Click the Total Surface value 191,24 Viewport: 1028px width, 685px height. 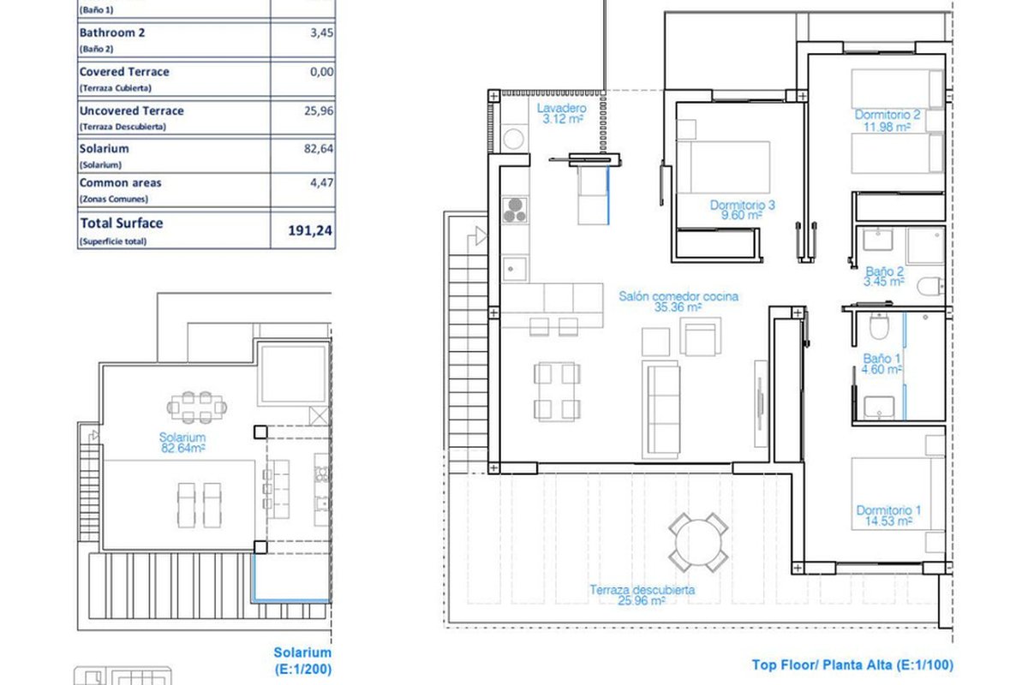point(310,230)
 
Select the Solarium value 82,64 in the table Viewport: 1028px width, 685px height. point(319,149)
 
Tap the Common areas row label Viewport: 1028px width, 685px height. point(120,182)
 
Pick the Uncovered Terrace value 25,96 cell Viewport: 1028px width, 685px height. point(319,110)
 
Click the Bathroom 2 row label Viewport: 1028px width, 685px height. point(112,33)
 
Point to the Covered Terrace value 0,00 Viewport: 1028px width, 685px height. point(322,72)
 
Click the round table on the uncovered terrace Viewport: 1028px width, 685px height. point(698,542)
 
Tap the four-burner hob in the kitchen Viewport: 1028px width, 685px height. point(515,210)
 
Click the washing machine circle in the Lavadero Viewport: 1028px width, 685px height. point(513,139)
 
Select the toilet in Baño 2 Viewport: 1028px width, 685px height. point(929,286)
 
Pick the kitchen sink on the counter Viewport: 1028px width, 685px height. point(514,269)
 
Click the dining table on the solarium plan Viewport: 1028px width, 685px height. point(196,408)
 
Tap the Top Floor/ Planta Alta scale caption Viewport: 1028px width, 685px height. point(852,664)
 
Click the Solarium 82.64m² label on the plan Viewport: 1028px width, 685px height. point(182,443)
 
